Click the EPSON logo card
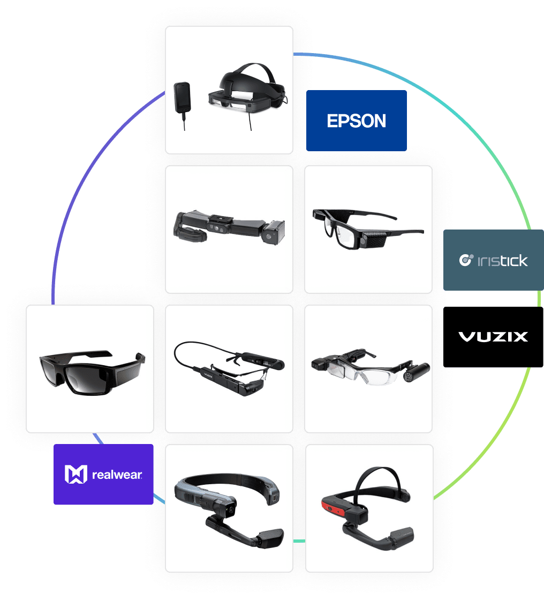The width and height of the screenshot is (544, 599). (356, 121)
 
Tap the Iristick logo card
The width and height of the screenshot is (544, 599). (493, 260)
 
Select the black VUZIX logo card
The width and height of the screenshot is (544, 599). (493, 337)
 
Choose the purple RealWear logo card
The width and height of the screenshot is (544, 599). (103, 474)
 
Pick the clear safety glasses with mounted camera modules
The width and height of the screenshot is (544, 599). (370, 367)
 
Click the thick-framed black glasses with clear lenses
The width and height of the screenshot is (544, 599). (366, 228)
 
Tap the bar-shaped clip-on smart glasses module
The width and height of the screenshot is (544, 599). (229, 227)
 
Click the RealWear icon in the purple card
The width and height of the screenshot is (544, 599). (76, 475)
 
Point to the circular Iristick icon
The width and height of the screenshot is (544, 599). (466, 260)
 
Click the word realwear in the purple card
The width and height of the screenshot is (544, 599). (117, 475)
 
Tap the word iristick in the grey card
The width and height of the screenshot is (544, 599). (503, 261)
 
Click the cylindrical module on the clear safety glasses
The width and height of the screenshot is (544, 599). (417, 372)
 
